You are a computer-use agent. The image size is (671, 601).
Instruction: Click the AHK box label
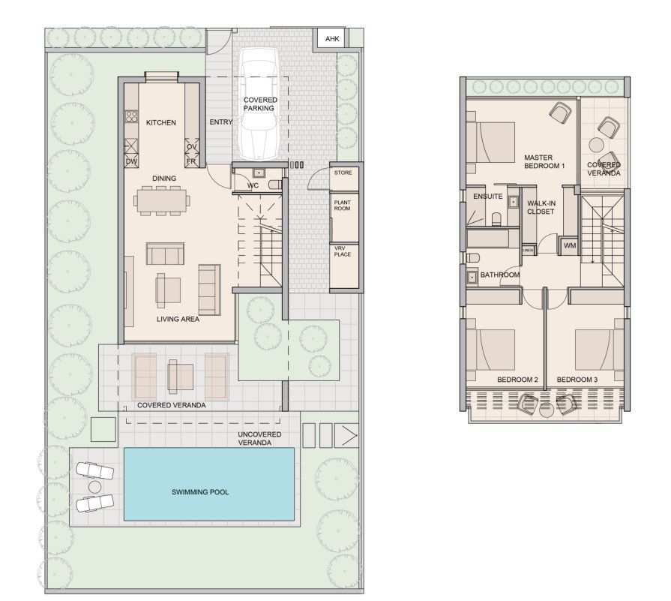point(331,40)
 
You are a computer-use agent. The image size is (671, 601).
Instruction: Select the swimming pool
point(209,492)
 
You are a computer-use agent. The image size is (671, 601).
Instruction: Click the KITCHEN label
point(161,122)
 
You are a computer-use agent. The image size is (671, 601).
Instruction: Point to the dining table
point(161,200)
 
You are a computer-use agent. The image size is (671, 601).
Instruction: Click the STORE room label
point(343,173)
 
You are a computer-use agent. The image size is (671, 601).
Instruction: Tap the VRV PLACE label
point(343,250)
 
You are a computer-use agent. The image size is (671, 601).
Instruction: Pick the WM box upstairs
point(570,245)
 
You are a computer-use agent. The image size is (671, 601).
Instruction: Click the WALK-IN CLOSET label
point(540,207)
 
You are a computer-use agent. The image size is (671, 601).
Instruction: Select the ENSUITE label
point(487,197)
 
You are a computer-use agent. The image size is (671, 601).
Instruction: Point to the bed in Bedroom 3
point(599,349)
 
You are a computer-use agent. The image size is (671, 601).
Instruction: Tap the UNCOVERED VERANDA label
point(260,438)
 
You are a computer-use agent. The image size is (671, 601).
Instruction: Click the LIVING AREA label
point(178,319)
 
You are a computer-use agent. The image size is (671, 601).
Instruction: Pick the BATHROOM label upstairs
point(499,275)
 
